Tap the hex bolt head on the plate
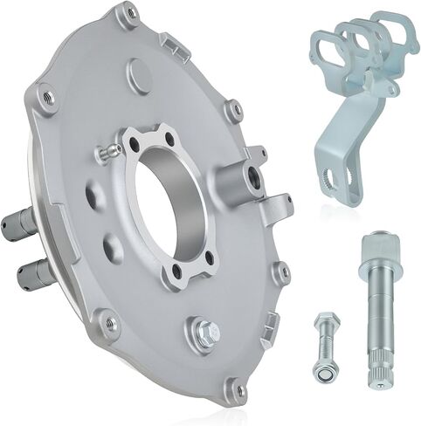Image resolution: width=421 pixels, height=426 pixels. point(205,332)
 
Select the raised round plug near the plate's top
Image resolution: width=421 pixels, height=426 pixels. point(139,75)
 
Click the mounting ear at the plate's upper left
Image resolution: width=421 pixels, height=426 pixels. point(46,98)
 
